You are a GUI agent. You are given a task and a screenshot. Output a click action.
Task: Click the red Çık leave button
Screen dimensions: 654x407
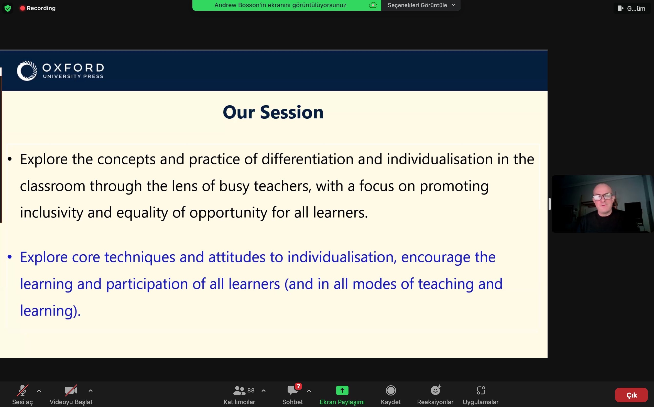[x=631, y=395]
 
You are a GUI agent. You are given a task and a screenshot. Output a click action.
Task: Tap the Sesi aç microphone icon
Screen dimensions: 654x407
[x=22, y=390]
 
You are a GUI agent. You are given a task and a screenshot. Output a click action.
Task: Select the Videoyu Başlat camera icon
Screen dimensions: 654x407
[x=71, y=390]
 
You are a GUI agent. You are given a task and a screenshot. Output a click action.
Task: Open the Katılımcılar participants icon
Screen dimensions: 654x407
[x=239, y=390]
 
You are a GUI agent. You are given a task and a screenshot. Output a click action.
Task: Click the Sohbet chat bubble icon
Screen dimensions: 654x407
[x=292, y=390]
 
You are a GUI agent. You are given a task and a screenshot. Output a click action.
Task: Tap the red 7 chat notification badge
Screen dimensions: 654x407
[x=298, y=386]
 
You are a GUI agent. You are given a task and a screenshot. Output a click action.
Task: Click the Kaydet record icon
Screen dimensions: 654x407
[x=390, y=390]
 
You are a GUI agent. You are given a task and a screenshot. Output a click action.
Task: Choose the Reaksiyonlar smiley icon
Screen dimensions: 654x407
[x=435, y=390]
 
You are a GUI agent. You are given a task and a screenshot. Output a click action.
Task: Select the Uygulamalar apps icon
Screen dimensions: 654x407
[x=481, y=390]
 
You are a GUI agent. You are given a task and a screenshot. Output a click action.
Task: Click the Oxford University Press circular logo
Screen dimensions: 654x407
[x=27, y=71]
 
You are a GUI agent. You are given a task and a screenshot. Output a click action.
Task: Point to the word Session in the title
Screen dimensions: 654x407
[x=292, y=112]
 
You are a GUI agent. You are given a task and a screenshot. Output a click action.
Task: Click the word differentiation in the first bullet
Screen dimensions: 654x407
[x=307, y=159]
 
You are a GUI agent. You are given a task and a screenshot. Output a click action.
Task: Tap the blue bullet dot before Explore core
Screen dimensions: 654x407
[x=10, y=257]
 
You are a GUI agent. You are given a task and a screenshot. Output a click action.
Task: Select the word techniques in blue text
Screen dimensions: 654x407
[x=140, y=257]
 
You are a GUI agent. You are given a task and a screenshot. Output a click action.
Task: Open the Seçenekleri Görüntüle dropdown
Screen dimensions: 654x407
[x=421, y=5]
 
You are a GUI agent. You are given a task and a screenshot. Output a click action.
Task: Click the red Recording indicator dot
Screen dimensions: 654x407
[x=23, y=8]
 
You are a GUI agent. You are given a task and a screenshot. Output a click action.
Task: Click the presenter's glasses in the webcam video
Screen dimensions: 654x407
[x=603, y=197]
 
